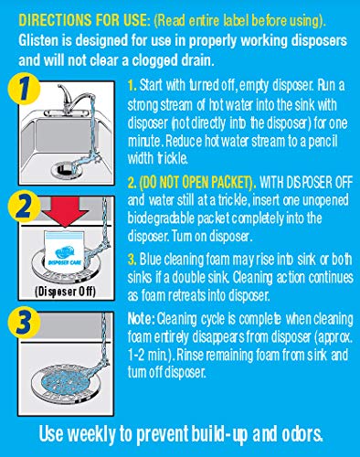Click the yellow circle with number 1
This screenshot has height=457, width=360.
point(24,89)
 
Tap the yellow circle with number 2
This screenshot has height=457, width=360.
point(24,207)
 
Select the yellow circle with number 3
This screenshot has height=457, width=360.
point(25,323)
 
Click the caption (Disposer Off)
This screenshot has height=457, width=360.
point(65,292)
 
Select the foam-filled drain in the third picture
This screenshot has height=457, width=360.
point(64,381)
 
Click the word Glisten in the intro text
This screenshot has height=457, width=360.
point(37,40)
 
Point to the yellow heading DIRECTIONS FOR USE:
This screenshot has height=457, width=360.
point(85,21)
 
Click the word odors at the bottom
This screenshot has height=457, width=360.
point(302,433)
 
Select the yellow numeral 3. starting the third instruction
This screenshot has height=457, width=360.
point(132,260)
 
